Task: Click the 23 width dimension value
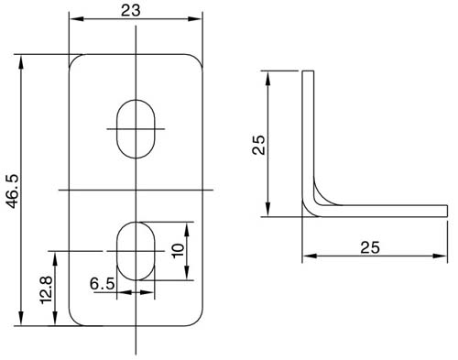131,11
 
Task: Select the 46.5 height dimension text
13,191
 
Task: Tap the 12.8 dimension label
47,290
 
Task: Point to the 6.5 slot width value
103,284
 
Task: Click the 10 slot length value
178,251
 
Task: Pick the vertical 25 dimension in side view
259,145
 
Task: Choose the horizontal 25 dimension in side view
370,247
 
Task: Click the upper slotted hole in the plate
136,129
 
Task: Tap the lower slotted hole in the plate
136,251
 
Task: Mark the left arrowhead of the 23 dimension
75,18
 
